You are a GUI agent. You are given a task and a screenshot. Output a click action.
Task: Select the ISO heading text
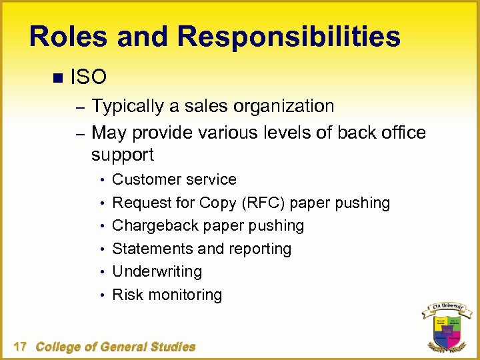click(88, 77)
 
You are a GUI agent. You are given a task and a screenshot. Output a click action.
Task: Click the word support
click(123, 155)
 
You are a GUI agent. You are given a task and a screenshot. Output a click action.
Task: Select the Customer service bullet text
click(174, 179)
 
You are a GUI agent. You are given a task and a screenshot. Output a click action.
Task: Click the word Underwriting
click(157, 271)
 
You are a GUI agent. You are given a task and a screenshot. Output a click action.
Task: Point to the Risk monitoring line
click(167, 295)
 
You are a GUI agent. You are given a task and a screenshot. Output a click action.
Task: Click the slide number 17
click(20, 347)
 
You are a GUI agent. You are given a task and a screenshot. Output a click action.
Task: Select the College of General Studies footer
click(115, 347)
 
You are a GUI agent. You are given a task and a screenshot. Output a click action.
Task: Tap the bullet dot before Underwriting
click(103, 272)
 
